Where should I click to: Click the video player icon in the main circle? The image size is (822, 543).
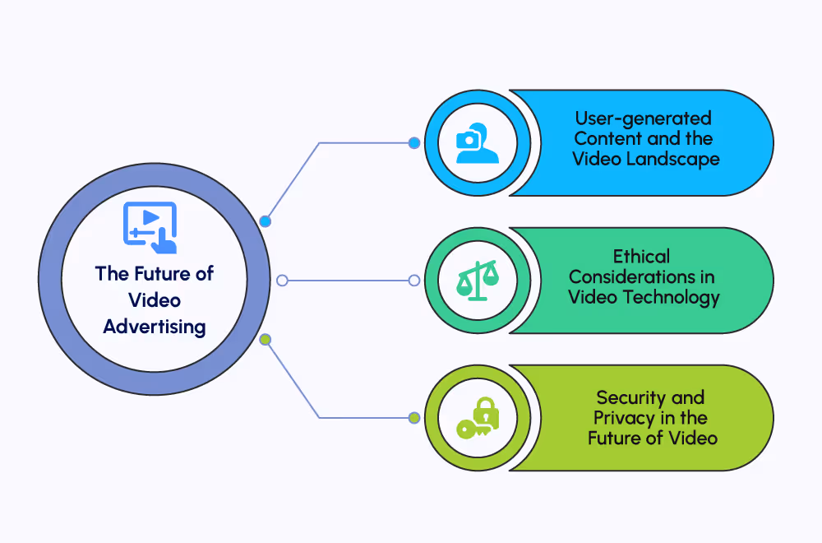click(150, 227)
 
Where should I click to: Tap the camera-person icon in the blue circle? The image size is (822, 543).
click(478, 143)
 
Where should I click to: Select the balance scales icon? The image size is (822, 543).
click(478, 281)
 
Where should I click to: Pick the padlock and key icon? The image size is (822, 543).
click(478, 418)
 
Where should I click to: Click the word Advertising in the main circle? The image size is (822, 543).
click(155, 327)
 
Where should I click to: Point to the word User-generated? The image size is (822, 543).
click(644, 118)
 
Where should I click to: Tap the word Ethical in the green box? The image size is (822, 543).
click(642, 257)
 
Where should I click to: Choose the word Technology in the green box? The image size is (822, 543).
click(671, 296)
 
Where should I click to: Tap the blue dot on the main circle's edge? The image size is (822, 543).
click(265, 221)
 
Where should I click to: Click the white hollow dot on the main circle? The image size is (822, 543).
click(282, 281)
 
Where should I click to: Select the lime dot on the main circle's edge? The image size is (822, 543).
click(265, 339)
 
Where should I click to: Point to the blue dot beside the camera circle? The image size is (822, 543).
click(414, 143)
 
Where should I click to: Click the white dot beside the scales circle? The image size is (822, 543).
click(414, 281)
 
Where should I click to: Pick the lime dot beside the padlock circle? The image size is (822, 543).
click(414, 418)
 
